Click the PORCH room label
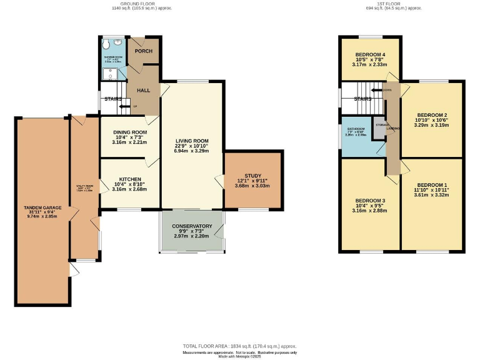tap(144, 51)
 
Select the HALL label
tap(143, 91)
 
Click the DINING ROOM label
tap(130, 132)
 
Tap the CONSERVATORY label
tap(193, 226)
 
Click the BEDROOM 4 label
tap(370, 55)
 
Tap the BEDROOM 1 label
tap(432, 185)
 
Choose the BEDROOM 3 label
tap(370, 201)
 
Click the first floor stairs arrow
tap(376, 91)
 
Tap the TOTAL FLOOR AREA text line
tap(239, 346)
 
